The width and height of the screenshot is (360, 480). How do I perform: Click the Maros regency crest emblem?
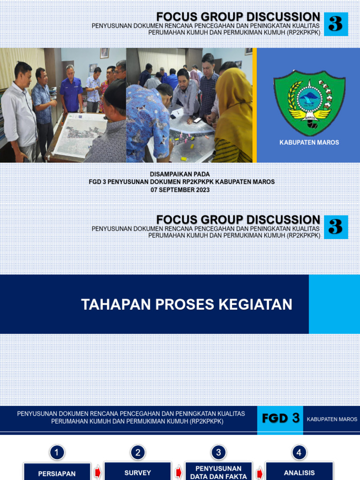pyautogui.click(x=309, y=100)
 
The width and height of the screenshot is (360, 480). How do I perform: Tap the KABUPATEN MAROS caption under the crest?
pyautogui.click(x=309, y=142)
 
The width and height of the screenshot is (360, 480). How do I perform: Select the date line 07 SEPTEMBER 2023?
pyautogui.click(x=180, y=190)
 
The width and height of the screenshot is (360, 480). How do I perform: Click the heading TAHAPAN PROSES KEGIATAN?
pyautogui.click(x=187, y=305)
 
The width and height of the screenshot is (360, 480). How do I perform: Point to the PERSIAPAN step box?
pyautogui.click(x=57, y=472)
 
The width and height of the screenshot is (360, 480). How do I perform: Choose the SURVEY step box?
pyautogui.click(x=138, y=472)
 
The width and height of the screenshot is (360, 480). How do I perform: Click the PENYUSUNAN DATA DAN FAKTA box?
pyautogui.click(x=218, y=472)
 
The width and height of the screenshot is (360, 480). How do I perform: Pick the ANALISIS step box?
pyautogui.click(x=299, y=472)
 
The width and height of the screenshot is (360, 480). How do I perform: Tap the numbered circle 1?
pyautogui.click(x=57, y=452)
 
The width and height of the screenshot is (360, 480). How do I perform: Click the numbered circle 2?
pyautogui.click(x=138, y=452)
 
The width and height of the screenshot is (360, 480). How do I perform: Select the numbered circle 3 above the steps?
pyautogui.click(x=218, y=452)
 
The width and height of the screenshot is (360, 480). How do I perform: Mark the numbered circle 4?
pyautogui.click(x=299, y=452)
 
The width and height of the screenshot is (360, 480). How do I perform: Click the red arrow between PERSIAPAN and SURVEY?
pyautogui.click(x=97, y=472)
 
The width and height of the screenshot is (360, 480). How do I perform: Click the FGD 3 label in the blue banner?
pyautogui.click(x=280, y=419)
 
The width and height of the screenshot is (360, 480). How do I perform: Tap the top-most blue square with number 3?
pyautogui.click(x=336, y=24)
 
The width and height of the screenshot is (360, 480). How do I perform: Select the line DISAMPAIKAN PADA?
pyautogui.click(x=180, y=174)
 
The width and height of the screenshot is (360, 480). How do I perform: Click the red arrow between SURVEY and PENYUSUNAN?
pyautogui.click(x=178, y=472)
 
